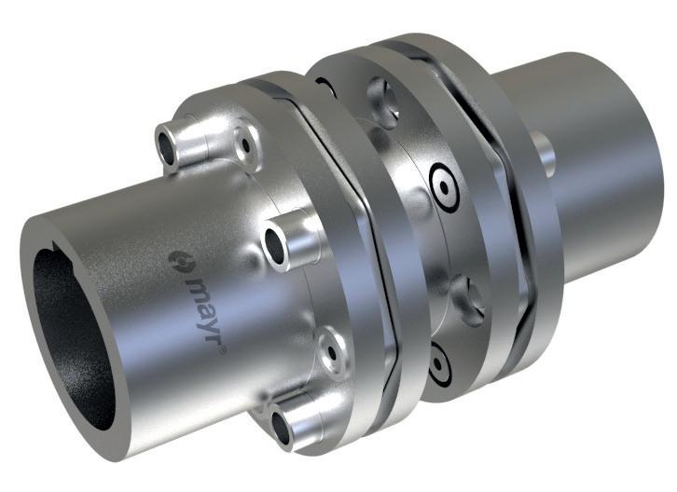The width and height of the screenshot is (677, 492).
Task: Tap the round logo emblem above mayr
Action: pyautogui.click(x=178, y=260)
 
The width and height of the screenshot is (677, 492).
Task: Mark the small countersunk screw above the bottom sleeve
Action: pyautogui.click(x=332, y=353)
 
